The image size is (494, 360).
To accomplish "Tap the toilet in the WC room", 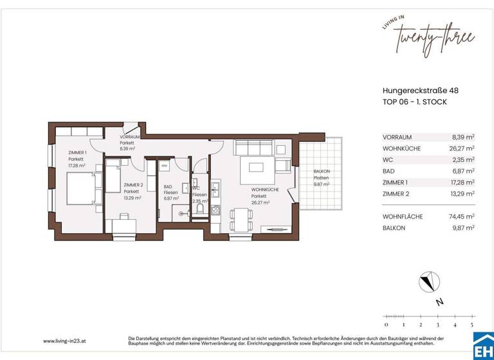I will pyautogui.click(x=201, y=208).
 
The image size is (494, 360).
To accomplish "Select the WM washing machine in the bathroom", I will pyautogui.click(x=165, y=166).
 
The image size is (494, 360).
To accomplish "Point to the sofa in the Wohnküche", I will pyautogui.click(x=250, y=147).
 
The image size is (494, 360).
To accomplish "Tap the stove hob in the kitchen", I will pyautogui.click(x=217, y=210).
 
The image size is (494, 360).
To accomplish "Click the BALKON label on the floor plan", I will pyautogui.click(x=322, y=172).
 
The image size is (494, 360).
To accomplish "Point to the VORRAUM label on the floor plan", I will pyautogui.click(x=131, y=138).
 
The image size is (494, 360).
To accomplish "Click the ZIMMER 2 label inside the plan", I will pyautogui.click(x=133, y=185).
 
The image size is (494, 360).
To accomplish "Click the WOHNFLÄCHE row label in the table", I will pyautogui.click(x=402, y=217).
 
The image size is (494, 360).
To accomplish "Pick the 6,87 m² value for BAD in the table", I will pyautogui.click(x=462, y=171).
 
